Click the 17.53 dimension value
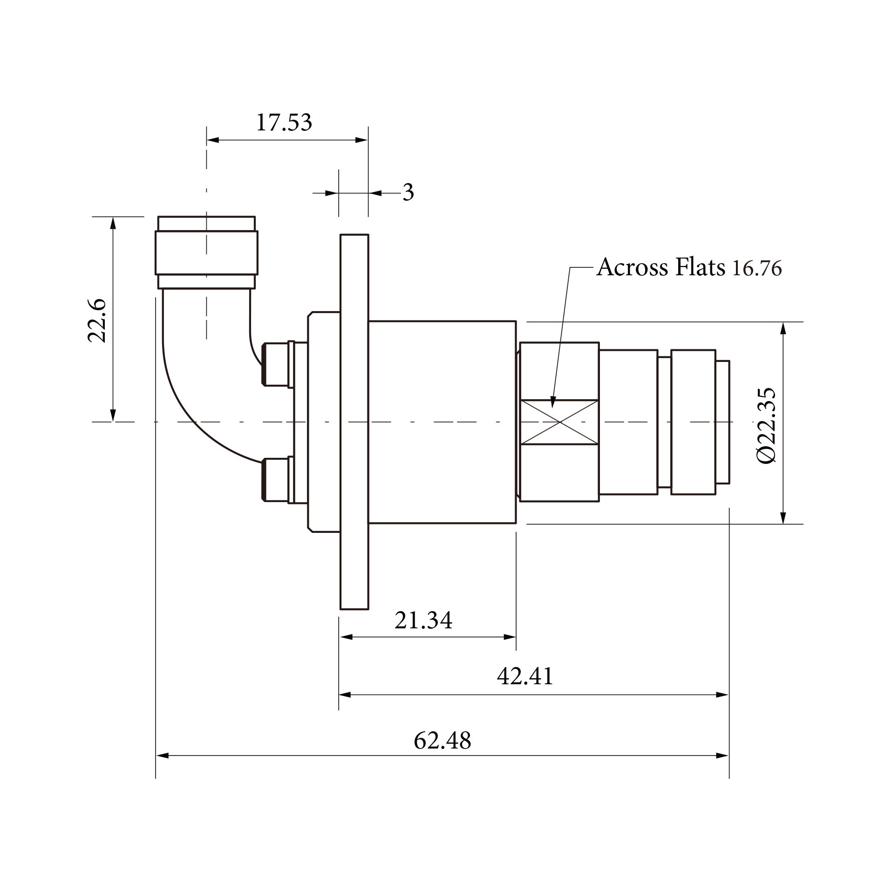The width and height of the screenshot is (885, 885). tap(284, 123)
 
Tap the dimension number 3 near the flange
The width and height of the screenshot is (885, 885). tap(408, 192)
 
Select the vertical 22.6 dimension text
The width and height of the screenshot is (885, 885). tap(98, 321)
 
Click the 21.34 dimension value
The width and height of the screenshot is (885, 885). tap(423, 620)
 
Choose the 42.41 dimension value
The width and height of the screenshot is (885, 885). tap(525, 676)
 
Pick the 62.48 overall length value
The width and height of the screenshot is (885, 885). tap(442, 740)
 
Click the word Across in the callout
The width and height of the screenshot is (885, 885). tap(632, 267)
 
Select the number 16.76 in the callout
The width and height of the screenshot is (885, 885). tap(757, 269)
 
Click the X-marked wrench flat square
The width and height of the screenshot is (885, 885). tap(559, 422)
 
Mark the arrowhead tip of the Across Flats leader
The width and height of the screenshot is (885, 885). tap(552, 408)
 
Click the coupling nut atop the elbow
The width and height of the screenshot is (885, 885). tap(206, 253)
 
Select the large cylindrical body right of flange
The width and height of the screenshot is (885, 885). tap(442, 422)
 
